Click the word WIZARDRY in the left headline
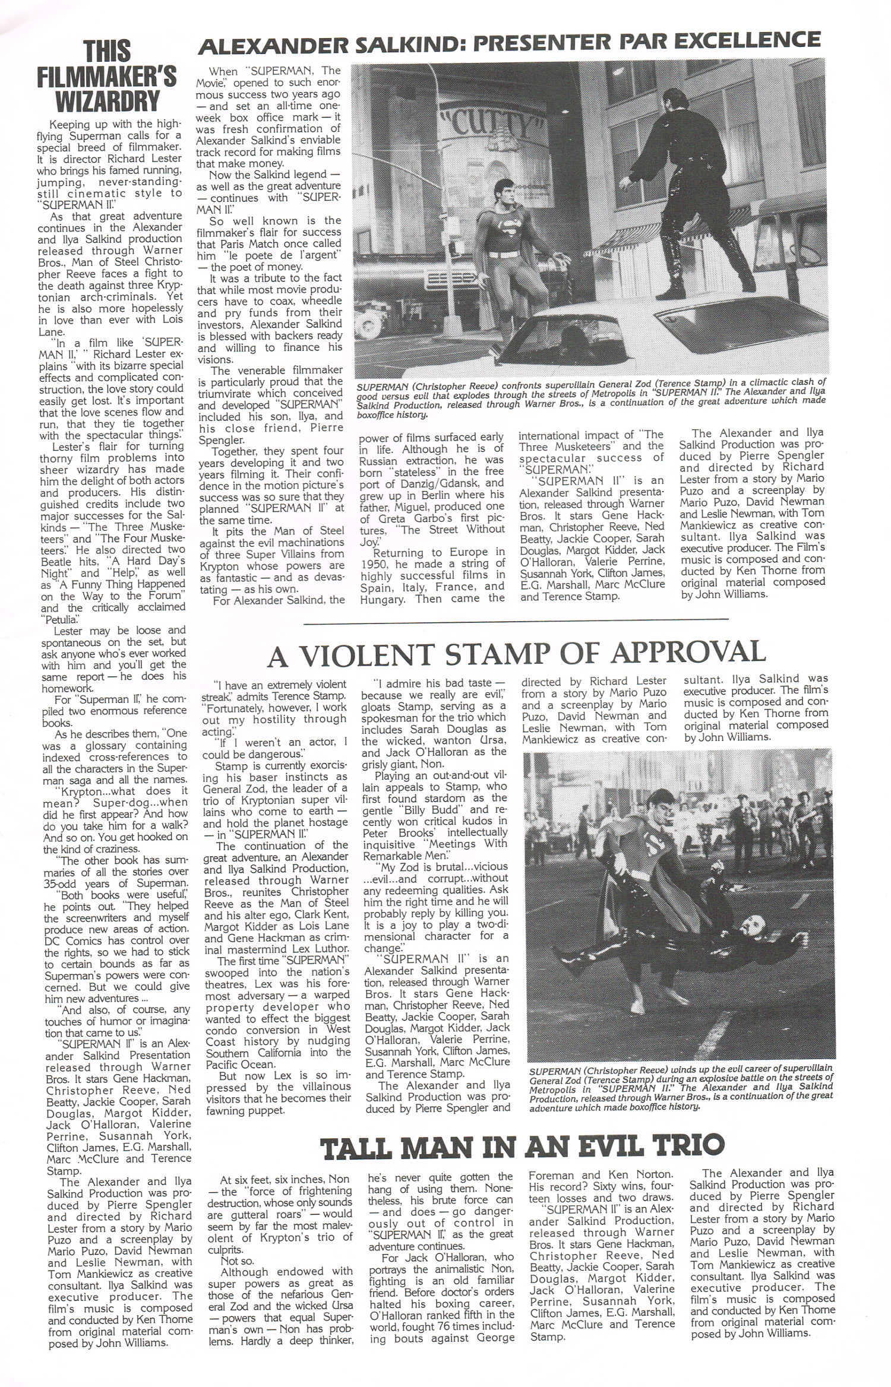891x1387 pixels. point(107,101)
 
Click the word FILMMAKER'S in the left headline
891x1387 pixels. point(107,76)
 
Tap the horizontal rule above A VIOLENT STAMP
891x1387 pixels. point(516,620)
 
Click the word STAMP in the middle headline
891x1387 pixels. point(520,654)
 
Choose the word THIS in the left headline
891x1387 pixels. point(107,51)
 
